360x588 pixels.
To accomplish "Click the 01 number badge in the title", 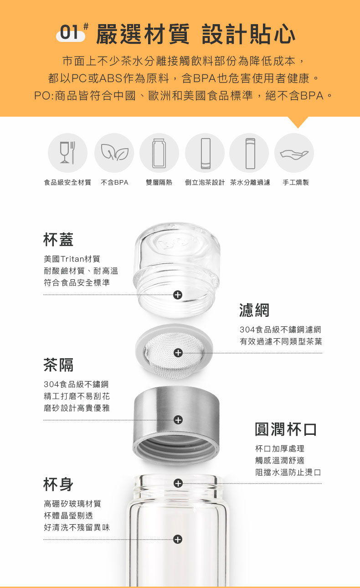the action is click(x=71, y=33).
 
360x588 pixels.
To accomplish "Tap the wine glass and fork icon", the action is click(x=67, y=153).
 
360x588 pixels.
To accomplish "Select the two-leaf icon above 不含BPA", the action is click(x=114, y=153).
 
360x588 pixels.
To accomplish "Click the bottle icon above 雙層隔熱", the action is click(x=159, y=153).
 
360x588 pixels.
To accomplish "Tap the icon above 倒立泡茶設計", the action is click(x=205, y=153).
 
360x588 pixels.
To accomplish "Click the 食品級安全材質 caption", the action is click(x=67, y=182).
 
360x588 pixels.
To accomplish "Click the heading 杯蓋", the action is click(x=58, y=239).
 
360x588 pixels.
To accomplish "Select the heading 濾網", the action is click(x=254, y=310).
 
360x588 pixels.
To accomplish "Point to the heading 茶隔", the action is click(x=58, y=365).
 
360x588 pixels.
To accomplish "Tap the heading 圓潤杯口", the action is click(x=286, y=429).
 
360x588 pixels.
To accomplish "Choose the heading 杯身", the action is click(x=58, y=485).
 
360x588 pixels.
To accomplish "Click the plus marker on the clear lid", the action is click(x=178, y=295).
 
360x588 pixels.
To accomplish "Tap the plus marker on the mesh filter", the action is click(x=178, y=353).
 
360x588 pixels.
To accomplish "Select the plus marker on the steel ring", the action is click(x=178, y=420).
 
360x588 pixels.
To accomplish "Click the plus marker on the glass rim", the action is click(x=178, y=483).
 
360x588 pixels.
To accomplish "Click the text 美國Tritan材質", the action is click(x=72, y=259).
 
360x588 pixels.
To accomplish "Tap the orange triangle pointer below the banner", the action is click(x=298, y=122).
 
